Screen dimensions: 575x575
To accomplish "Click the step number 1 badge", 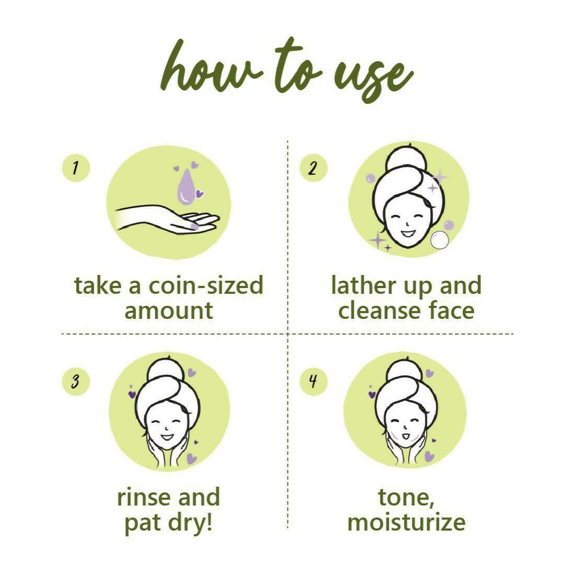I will pyautogui.click(x=76, y=168).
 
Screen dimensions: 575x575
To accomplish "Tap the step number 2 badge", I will pyautogui.click(x=313, y=168).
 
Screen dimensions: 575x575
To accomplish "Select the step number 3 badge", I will pyautogui.click(x=76, y=381).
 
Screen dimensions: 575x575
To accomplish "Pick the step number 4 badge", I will pyautogui.click(x=313, y=381).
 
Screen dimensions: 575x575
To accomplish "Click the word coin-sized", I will pyautogui.click(x=206, y=286).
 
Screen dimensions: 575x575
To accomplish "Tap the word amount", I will pyautogui.click(x=168, y=310).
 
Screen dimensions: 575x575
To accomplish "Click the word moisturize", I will pyautogui.click(x=406, y=522).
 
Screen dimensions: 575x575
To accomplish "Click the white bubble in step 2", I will pyautogui.click(x=439, y=240).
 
